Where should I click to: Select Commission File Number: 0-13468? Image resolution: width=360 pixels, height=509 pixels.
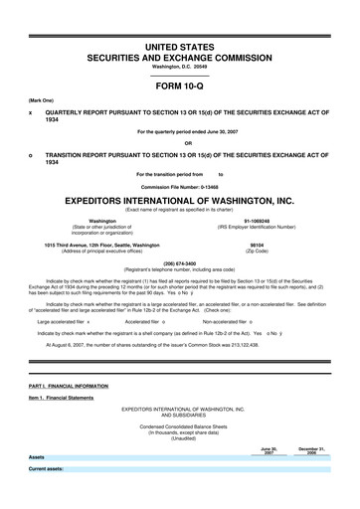[179, 186]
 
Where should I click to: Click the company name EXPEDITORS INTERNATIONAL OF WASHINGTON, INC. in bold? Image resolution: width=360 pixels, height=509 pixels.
[179, 199]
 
